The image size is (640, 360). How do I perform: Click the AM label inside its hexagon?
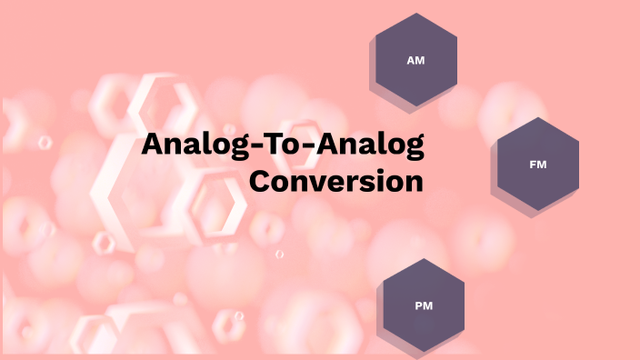click(416, 59)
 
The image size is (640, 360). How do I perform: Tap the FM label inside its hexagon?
click(537, 165)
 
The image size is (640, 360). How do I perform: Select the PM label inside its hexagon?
click(424, 305)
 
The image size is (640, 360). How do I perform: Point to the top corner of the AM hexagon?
click(416, 13)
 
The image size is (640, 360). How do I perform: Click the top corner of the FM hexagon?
click(538, 117)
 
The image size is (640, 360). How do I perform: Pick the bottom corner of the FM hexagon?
click(538, 212)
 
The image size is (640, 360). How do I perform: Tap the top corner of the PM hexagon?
click(424, 258)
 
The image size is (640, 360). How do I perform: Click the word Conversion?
click(336, 180)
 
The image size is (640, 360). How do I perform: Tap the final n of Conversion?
click(415, 182)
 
